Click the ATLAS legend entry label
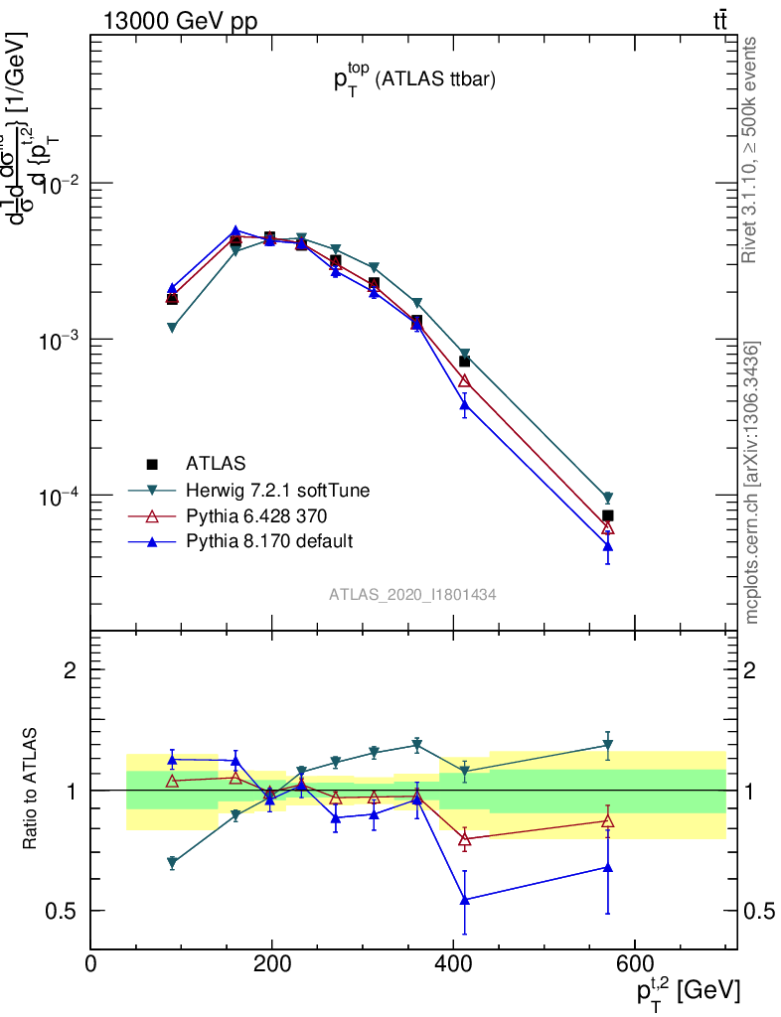coord(216,463)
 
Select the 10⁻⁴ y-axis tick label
coord(60,496)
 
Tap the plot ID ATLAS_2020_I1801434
coord(412,594)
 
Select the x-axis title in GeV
coord(687,990)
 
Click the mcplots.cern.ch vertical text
coord(752,483)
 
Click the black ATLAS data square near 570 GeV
coord(607,515)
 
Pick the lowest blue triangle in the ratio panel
coord(463,900)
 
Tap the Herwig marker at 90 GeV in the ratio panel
coord(172,862)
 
